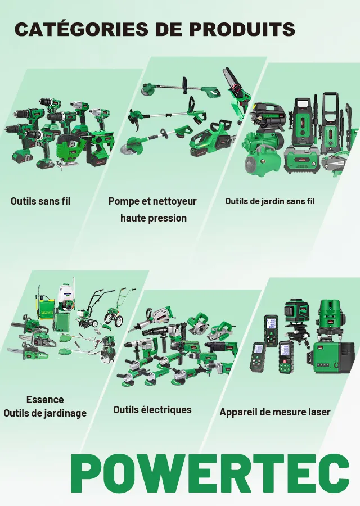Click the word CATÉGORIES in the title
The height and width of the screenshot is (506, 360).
82,29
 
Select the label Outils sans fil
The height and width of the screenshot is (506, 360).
40,201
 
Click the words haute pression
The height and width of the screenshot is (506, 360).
154,218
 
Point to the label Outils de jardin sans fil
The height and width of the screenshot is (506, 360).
270,201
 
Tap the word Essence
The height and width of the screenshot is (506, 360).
45,400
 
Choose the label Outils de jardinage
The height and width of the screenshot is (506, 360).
45,413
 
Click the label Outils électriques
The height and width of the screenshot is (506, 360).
152,410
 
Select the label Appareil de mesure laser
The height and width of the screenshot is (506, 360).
275,412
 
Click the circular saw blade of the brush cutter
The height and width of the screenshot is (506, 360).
128,148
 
